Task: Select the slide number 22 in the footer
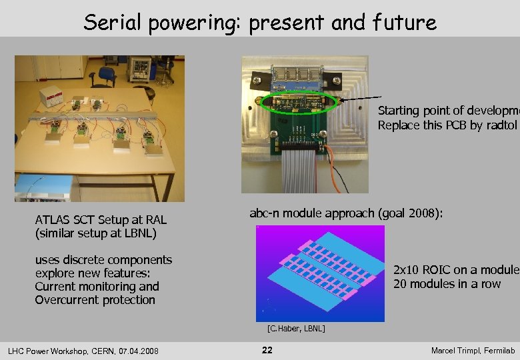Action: (x=267, y=350)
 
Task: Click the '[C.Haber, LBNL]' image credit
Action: (x=296, y=329)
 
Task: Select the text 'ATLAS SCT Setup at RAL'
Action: (x=101, y=220)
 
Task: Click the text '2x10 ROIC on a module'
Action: (x=456, y=271)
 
